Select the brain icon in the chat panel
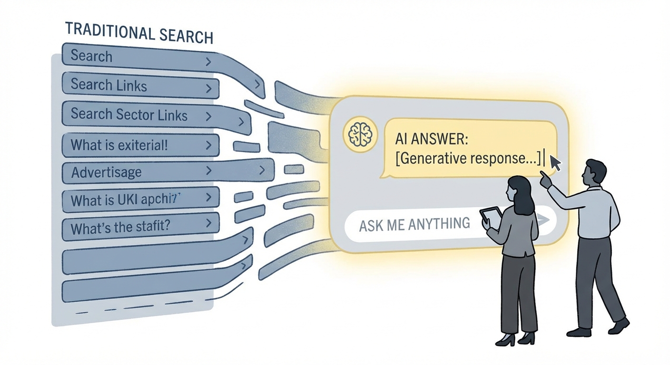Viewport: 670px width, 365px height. (x=360, y=134)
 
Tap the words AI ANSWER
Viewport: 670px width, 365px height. (x=432, y=140)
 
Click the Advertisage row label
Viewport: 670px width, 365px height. (x=106, y=172)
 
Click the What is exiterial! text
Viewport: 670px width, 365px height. (x=119, y=144)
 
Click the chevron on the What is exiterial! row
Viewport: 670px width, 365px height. (x=208, y=144)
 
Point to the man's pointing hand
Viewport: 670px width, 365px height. (x=546, y=181)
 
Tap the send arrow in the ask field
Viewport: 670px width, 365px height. (x=544, y=220)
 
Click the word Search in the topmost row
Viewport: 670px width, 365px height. (x=91, y=56)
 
